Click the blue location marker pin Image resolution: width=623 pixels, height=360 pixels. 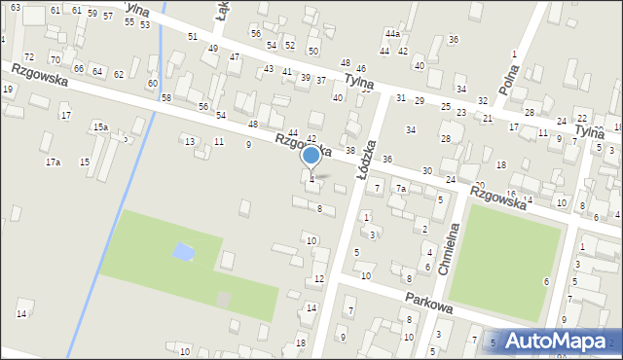tap(311, 156)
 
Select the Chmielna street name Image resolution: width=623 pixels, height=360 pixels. tap(449, 244)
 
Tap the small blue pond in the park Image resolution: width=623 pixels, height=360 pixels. tap(182, 252)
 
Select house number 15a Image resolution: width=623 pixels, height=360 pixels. tap(100, 127)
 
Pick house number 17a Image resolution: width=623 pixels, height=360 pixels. tap(53, 162)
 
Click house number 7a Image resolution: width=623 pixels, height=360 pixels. tap(400, 188)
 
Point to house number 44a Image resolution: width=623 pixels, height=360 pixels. tap(391, 34)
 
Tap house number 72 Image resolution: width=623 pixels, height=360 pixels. tap(28, 58)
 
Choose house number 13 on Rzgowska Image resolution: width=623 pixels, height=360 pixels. tap(190, 142)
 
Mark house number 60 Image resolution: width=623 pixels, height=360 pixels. tap(153, 84)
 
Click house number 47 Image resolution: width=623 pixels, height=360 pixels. tap(235, 57)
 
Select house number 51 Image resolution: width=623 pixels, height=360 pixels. tap(193, 37)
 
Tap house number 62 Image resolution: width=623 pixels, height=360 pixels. tap(119, 75)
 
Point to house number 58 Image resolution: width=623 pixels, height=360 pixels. tap(166, 98)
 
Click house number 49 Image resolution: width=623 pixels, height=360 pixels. tap(213, 48)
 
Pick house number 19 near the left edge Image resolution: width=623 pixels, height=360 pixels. tap(8, 90)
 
